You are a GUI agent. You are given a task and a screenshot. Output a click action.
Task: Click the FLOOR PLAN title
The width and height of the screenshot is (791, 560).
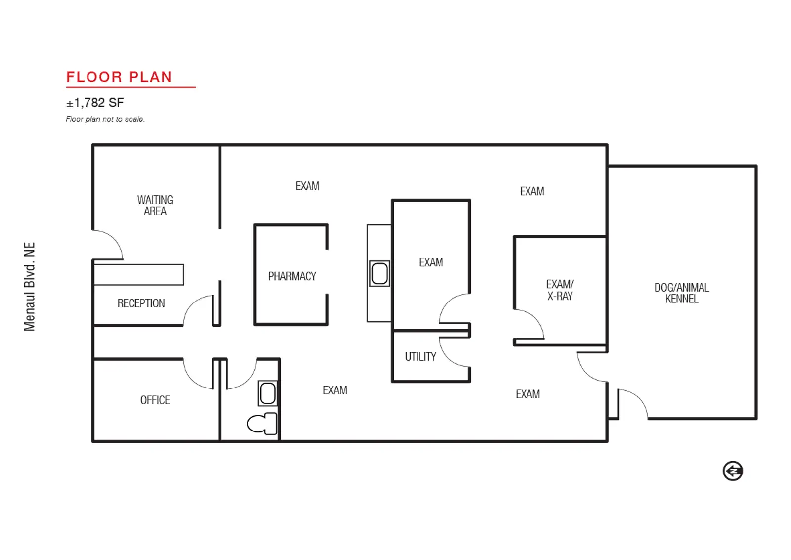(x=119, y=77)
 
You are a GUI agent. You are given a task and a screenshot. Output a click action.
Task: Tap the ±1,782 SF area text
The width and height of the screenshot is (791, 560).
(x=95, y=103)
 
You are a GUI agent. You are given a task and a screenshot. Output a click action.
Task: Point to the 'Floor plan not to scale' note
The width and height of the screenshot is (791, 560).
(x=105, y=119)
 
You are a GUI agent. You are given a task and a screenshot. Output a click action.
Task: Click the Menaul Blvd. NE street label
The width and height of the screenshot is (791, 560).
(x=30, y=286)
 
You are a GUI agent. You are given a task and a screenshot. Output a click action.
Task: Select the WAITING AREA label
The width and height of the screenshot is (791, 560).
(x=155, y=205)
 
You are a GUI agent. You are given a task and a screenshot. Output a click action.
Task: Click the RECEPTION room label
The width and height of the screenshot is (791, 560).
(x=141, y=303)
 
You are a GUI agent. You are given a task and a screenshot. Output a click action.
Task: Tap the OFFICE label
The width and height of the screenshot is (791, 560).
(x=155, y=400)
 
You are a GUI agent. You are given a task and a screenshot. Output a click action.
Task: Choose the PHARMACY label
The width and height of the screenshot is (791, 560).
(x=292, y=276)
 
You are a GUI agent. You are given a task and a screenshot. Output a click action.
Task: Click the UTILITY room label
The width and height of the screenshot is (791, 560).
(x=420, y=357)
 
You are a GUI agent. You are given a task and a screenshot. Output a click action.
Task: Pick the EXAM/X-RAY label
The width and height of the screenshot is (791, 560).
(x=560, y=290)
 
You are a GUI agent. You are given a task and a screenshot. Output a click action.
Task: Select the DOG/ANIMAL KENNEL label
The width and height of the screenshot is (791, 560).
(x=682, y=293)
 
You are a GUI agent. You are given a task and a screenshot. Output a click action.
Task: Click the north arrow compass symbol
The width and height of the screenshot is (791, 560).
(x=733, y=471)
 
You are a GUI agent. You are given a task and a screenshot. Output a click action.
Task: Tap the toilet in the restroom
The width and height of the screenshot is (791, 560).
(x=262, y=424)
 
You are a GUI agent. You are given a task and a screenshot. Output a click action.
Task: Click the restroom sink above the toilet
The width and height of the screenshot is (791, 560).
(x=267, y=393)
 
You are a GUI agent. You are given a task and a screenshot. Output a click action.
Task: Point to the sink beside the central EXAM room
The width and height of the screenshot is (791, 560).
(x=380, y=273)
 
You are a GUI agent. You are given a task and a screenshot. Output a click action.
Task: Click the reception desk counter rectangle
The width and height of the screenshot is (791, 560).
(x=139, y=274)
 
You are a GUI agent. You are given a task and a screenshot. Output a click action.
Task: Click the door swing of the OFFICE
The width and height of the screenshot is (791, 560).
(x=192, y=380)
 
